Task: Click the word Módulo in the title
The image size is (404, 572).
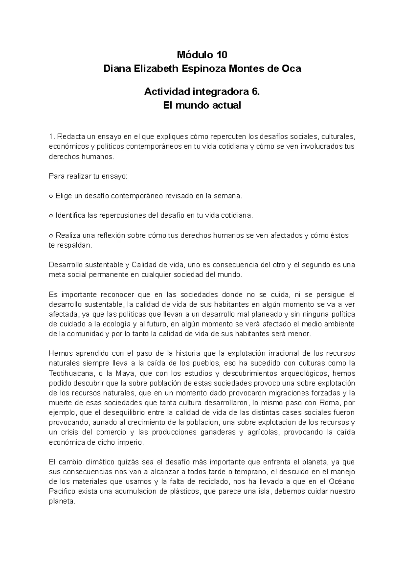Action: click(x=193, y=55)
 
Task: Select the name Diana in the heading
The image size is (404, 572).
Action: click(x=115, y=69)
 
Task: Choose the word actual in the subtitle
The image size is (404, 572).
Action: click(x=226, y=105)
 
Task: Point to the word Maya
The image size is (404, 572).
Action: click(x=125, y=373)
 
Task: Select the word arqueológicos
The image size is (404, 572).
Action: click(x=299, y=373)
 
